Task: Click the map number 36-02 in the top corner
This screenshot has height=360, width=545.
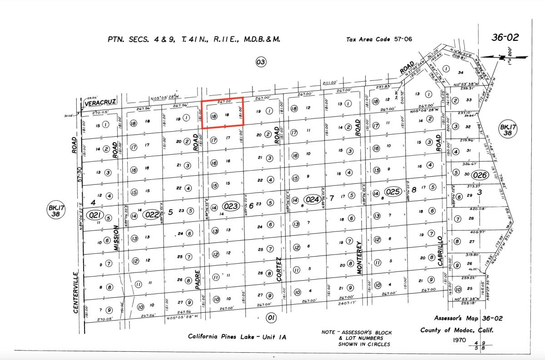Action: [505, 38]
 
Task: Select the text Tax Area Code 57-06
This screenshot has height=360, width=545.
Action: [379, 39]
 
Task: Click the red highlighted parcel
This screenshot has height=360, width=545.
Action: [223, 113]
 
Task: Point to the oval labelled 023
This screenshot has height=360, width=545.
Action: [231, 206]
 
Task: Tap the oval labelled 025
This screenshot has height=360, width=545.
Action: [393, 191]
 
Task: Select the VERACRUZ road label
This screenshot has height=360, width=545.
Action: [100, 103]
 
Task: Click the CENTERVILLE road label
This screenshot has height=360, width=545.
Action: [76, 292]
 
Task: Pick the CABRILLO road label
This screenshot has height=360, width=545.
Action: [440, 251]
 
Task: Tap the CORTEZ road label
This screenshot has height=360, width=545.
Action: [278, 269]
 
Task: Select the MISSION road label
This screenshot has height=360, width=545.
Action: [116, 238]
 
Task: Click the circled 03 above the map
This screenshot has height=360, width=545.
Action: [261, 62]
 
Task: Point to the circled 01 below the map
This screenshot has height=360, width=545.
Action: [271, 318]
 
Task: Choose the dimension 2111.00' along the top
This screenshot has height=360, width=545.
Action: [330, 83]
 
